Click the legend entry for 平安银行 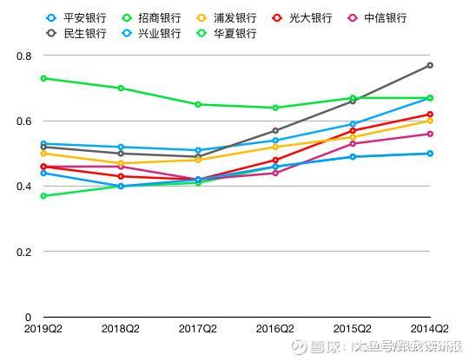(76, 18)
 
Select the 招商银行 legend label (152, 18)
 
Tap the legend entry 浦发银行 (227, 18)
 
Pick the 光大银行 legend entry (302, 18)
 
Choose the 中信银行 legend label (378, 18)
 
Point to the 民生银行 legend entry (76, 33)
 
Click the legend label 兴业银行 (152, 33)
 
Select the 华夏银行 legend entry (227, 33)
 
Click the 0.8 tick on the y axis (24, 56)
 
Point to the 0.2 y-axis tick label (24, 252)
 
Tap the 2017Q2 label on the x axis (198, 329)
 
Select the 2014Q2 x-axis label (430, 329)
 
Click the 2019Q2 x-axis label (43, 329)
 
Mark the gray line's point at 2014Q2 (430, 65)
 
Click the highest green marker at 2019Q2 (43, 78)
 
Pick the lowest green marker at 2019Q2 (43, 196)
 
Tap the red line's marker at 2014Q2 (430, 115)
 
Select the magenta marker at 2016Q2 (275, 173)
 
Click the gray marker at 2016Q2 (275, 130)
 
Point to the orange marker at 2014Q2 (430, 121)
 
